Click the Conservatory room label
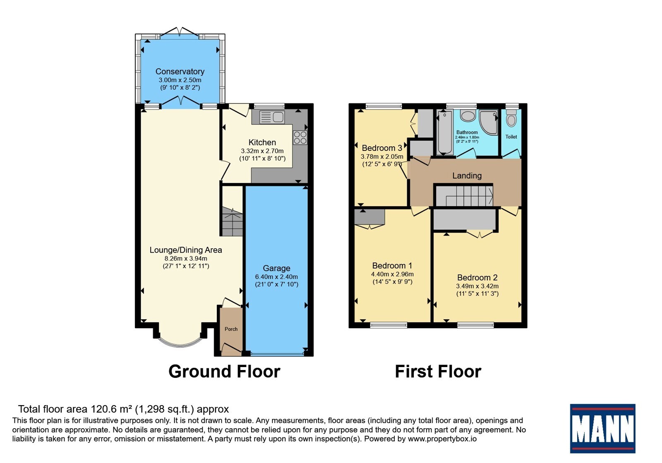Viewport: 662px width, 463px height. [180, 72]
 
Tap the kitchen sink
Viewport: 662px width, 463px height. [272, 117]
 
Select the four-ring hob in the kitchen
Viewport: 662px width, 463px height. [300, 138]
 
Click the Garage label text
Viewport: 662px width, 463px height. [276, 268]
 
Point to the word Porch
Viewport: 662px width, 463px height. [231, 329]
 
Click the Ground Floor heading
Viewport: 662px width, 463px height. [224, 372]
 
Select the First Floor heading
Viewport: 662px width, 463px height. [438, 372]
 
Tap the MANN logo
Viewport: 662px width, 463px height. [602, 428]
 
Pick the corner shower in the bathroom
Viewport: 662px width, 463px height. [488, 122]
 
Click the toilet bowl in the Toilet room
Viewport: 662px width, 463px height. [511, 119]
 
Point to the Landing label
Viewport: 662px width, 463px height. [467, 176]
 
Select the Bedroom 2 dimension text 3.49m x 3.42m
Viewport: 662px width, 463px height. [477, 286]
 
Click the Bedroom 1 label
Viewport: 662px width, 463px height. [392, 265]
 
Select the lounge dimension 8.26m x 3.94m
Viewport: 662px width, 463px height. [186, 259]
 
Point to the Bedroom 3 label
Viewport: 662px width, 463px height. [382, 148]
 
